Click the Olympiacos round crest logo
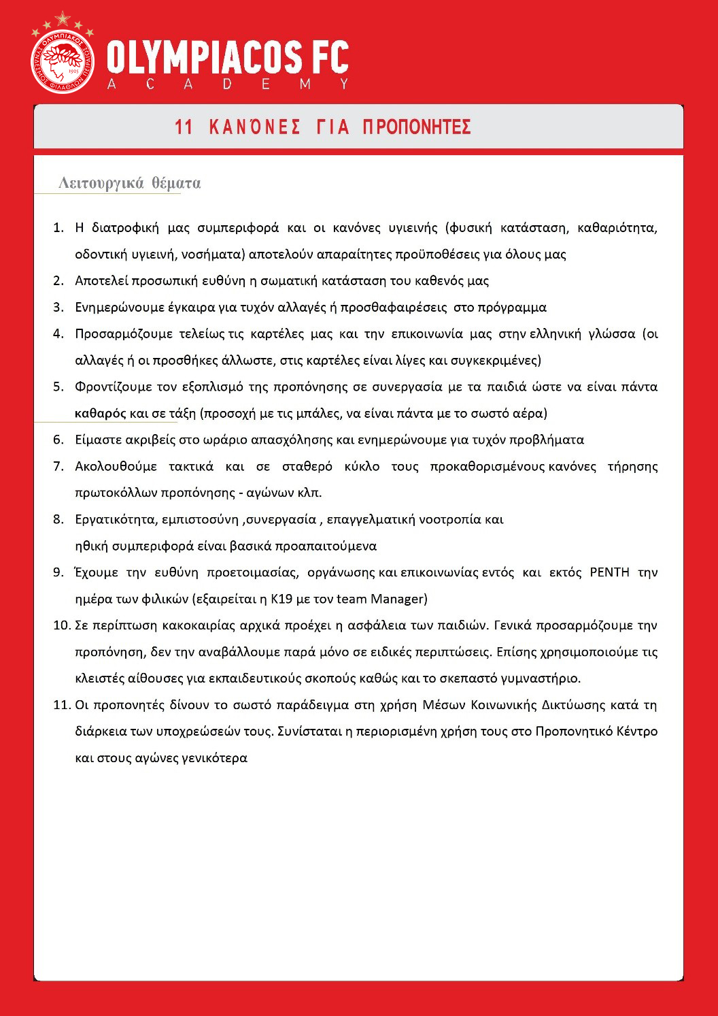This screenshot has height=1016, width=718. pyautogui.click(x=63, y=61)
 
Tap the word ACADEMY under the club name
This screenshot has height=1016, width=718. pyautogui.click(x=228, y=84)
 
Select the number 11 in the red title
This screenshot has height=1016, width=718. pyautogui.click(x=184, y=127)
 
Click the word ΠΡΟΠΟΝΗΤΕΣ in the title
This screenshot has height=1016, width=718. pyautogui.click(x=417, y=127)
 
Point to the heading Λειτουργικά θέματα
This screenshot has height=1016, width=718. pyautogui.click(x=129, y=183)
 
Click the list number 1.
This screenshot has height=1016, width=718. pyautogui.click(x=58, y=227)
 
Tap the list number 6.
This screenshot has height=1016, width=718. pyautogui.click(x=58, y=440)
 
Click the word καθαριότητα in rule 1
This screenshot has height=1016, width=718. pyautogui.click(x=617, y=227)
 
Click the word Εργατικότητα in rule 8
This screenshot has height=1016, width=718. pyautogui.click(x=115, y=520)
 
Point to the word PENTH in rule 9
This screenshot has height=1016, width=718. pyautogui.click(x=609, y=572)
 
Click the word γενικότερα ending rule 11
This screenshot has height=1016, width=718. pyautogui.click(x=214, y=758)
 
